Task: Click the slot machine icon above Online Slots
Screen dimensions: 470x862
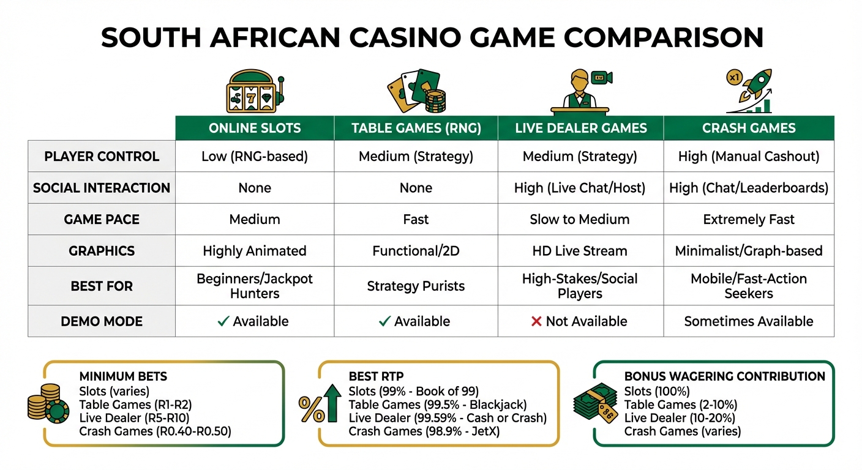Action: coord(255,92)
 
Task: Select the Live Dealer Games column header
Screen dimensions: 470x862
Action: coord(580,129)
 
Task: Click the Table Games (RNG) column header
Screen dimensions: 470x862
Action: coord(416,129)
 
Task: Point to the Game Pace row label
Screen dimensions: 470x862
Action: coord(102,219)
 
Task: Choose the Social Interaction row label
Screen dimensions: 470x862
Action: coord(102,188)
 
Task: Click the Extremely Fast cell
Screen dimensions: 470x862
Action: coord(749,219)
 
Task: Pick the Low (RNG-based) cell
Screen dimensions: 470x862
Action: coord(255,157)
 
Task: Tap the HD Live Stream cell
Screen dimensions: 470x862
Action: coord(580,251)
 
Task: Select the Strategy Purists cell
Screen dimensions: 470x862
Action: coord(416,286)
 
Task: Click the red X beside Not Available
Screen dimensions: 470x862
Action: coord(536,321)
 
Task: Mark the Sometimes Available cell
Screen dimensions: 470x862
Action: coord(749,321)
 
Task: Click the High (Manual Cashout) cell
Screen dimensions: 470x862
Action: coord(749,157)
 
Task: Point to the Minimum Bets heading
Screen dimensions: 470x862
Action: coord(123,376)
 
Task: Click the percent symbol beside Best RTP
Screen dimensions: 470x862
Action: coord(312,409)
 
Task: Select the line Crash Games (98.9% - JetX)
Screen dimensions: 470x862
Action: coord(424,431)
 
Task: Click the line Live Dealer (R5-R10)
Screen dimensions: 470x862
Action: coord(135,418)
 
